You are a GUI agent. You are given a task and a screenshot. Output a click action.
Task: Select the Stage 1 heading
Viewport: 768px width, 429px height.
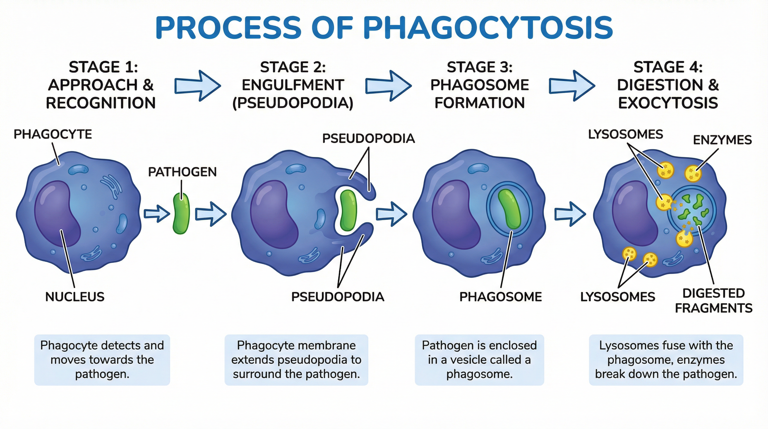coord(101,85)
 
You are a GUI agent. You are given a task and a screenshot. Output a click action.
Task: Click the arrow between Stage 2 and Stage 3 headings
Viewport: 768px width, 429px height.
coord(388,86)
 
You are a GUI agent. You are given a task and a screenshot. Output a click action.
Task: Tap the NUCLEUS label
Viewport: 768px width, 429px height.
coord(75,297)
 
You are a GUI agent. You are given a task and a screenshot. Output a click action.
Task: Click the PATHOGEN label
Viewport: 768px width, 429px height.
coord(182,172)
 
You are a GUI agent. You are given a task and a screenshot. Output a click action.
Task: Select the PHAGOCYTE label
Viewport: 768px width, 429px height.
coord(53,135)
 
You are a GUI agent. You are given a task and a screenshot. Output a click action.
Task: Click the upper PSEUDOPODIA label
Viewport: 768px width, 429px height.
coord(368,139)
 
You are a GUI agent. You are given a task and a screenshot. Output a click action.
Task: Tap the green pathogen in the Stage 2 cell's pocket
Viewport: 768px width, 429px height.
coord(348,211)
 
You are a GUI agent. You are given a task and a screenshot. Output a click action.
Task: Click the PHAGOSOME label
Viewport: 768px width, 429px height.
coord(501,297)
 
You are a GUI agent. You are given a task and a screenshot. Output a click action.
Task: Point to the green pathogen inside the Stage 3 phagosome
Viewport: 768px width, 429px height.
coord(509,209)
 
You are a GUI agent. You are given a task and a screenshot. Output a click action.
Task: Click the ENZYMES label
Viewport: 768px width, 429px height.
coord(722,140)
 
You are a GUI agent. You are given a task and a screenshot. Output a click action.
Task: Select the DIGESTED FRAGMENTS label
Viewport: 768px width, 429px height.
coord(713,301)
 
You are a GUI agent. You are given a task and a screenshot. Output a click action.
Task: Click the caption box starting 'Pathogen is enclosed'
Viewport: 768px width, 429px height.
coord(479,360)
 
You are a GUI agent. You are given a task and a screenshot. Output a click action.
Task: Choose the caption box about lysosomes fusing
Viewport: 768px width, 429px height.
coord(666,360)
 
